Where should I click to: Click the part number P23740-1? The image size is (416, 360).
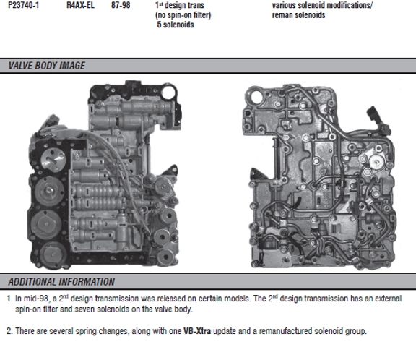click(23, 5)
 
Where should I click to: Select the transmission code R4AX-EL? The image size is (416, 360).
click(80, 5)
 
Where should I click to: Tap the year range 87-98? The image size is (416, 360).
click(121, 5)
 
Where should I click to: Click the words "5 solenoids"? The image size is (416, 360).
click(175, 25)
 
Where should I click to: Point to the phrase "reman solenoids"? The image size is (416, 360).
click(298, 15)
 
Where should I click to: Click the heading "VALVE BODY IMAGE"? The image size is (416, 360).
click(47, 66)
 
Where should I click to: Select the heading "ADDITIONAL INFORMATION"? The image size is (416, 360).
click(61, 282)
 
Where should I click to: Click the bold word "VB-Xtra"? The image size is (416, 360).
click(197, 331)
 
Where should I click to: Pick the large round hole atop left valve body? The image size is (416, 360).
click(168, 92)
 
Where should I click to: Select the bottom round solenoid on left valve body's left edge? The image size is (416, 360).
click(53, 254)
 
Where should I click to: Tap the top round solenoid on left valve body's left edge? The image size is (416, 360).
click(53, 160)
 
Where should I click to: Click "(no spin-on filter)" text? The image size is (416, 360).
click(183, 15)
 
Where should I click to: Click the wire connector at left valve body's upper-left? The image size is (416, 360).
click(50, 121)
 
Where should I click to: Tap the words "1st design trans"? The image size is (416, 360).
click(180, 5)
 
